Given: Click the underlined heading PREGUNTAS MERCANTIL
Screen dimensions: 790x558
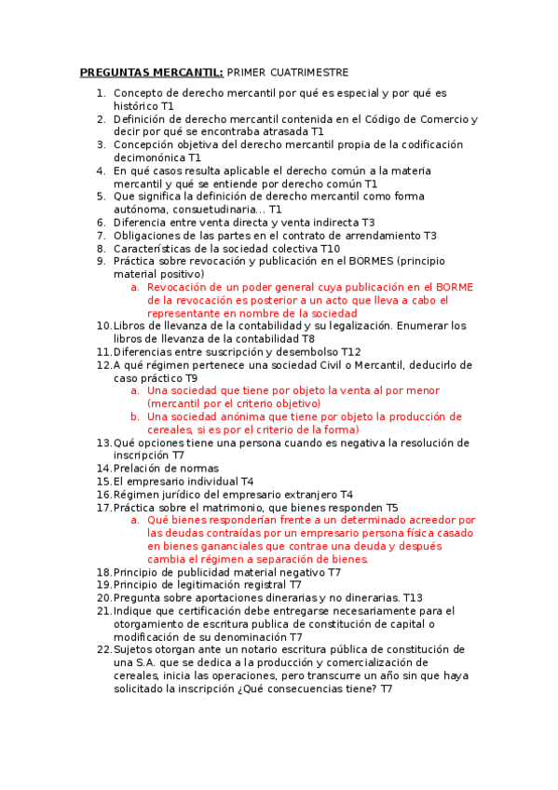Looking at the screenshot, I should pyautogui.click(x=151, y=72).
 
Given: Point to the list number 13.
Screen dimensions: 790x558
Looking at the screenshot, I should pyautogui.click(x=103, y=443).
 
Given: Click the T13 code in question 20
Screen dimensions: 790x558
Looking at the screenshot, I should pyautogui.click(x=413, y=597).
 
